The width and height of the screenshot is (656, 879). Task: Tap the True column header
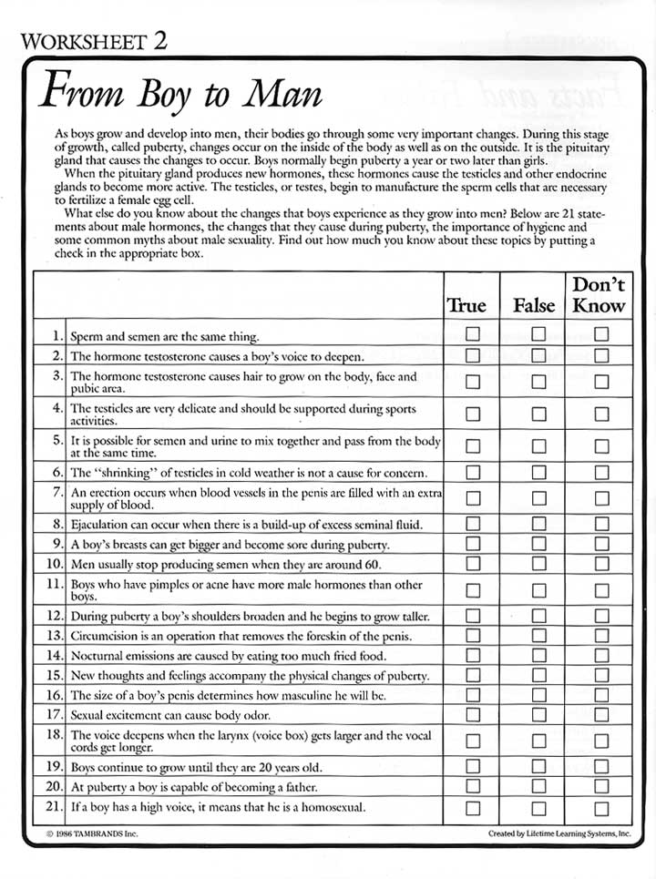click(466, 305)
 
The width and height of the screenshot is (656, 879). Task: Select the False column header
click(534, 305)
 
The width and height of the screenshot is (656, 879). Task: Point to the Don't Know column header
click(599, 294)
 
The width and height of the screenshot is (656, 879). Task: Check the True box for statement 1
click(473, 334)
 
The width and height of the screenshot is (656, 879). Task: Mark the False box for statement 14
click(538, 655)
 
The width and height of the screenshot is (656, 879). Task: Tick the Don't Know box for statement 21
click(601, 808)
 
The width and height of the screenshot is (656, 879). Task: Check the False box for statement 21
click(538, 808)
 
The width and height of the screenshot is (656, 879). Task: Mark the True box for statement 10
click(473, 564)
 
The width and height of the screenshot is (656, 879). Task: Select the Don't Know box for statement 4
click(601, 414)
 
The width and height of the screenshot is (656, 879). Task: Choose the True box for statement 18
click(473, 741)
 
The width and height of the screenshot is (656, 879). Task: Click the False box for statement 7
click(538, 498)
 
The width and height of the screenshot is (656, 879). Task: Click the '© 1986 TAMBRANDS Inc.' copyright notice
click(91, 833)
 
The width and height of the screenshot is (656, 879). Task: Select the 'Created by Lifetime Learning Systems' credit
click(559, 833)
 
